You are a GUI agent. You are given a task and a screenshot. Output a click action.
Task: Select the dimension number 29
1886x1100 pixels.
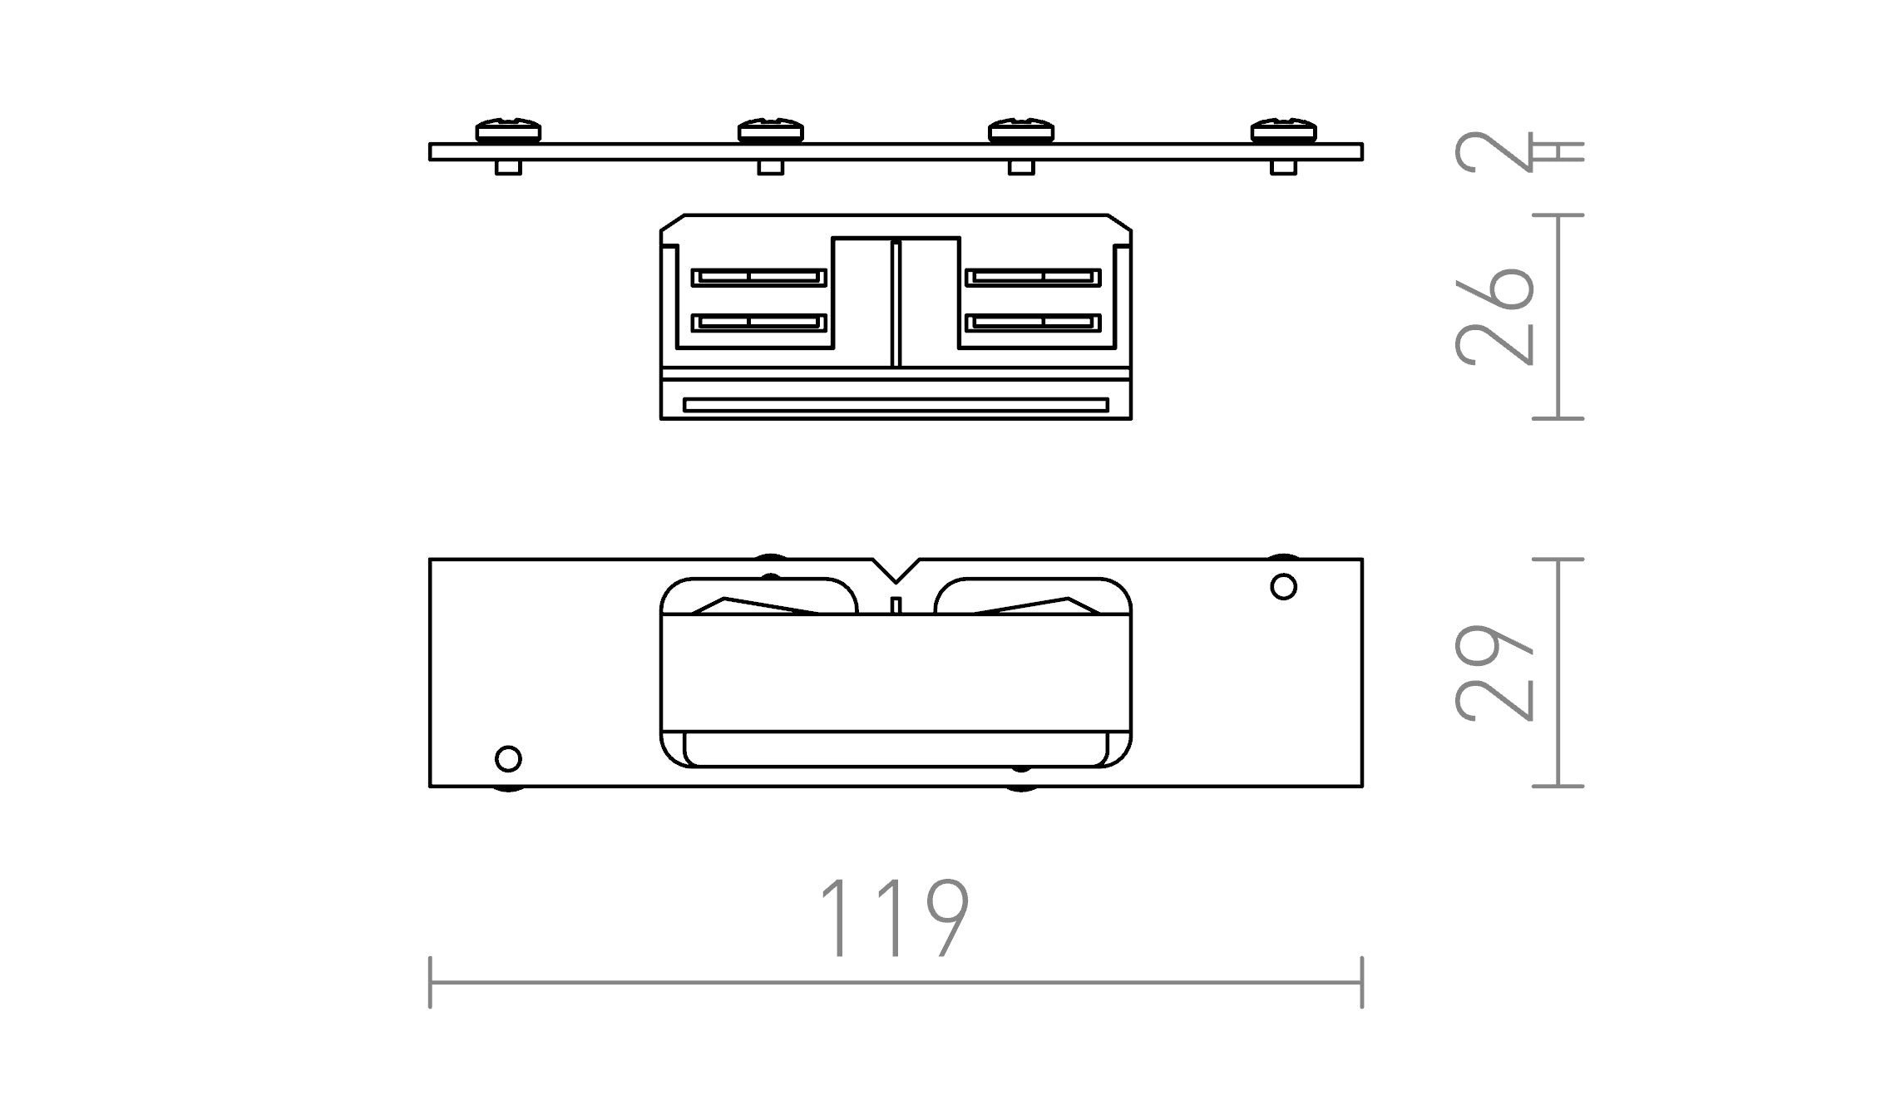1495,672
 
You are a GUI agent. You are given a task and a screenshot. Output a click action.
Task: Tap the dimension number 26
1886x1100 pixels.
1495,317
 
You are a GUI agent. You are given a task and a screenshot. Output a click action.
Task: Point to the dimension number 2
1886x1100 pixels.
1493,152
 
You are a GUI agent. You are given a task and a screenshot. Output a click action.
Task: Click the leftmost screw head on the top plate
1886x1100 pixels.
508,131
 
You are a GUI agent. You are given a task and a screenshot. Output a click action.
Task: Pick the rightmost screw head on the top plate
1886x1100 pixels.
1283,131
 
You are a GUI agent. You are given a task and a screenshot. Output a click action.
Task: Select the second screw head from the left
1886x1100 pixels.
771,131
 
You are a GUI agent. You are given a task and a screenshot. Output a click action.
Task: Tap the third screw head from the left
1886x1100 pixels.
1021,131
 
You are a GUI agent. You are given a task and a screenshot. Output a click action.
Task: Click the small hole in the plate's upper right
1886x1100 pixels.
1283,587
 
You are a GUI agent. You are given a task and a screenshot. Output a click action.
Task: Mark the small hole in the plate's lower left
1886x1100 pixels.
508,758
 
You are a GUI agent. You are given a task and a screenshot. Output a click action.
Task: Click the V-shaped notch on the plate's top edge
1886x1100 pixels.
896,570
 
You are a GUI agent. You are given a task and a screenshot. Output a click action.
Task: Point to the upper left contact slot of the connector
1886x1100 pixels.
759,277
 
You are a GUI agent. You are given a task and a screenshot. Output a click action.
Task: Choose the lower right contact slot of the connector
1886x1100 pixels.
1033,322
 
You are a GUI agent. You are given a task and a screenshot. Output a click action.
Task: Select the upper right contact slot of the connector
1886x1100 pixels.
1033,277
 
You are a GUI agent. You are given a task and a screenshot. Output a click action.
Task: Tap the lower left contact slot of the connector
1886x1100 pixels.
759,322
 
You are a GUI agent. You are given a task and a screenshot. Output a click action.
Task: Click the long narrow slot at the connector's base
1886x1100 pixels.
896,405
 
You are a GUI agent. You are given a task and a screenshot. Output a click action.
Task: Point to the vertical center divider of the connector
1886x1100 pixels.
896,303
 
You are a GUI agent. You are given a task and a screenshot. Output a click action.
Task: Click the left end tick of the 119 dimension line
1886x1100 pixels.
430,982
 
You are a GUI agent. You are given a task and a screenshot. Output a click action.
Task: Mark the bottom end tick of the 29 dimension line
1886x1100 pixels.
1558,786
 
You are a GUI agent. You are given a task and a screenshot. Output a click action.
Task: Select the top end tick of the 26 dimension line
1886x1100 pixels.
1558,215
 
